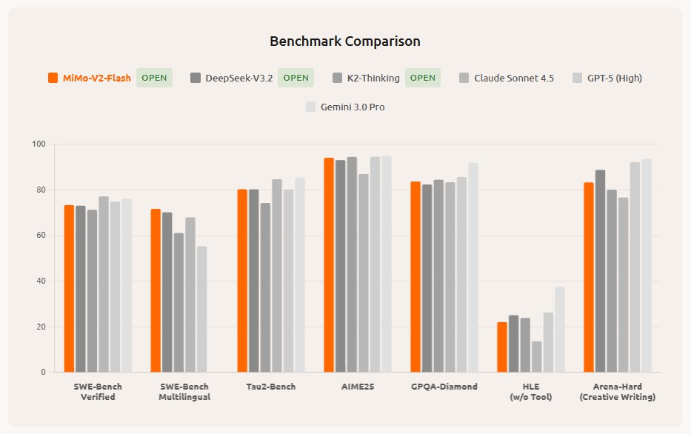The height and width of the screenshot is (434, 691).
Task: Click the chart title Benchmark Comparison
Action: coord(345,41)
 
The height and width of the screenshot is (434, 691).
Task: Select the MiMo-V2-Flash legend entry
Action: coord(90,78)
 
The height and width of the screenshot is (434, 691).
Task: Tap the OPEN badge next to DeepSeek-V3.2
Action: coord(296,78)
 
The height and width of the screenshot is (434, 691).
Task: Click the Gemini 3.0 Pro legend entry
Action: coord(345,107)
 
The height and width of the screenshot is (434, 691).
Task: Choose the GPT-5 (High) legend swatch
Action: coord(579,78)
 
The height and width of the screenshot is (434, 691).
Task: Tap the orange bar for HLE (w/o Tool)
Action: coord(502,347)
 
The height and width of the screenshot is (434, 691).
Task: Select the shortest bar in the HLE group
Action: coord(537,356)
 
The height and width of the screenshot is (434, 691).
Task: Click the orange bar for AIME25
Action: coord(329,264)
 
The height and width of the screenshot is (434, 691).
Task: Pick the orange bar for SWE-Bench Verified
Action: coord(69,288)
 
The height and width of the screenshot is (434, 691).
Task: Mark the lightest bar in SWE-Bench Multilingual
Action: coord(202,309)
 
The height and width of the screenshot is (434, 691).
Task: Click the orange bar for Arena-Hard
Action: coord(589,277)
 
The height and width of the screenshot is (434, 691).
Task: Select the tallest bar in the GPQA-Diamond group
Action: coord(473,267)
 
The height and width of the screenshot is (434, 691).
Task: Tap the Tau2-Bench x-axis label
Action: coord(271,387)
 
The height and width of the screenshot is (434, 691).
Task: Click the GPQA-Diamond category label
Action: coord(444,387)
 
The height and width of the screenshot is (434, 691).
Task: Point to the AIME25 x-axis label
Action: coord(358,387)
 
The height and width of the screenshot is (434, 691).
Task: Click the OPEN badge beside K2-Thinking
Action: coord(423,78)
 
